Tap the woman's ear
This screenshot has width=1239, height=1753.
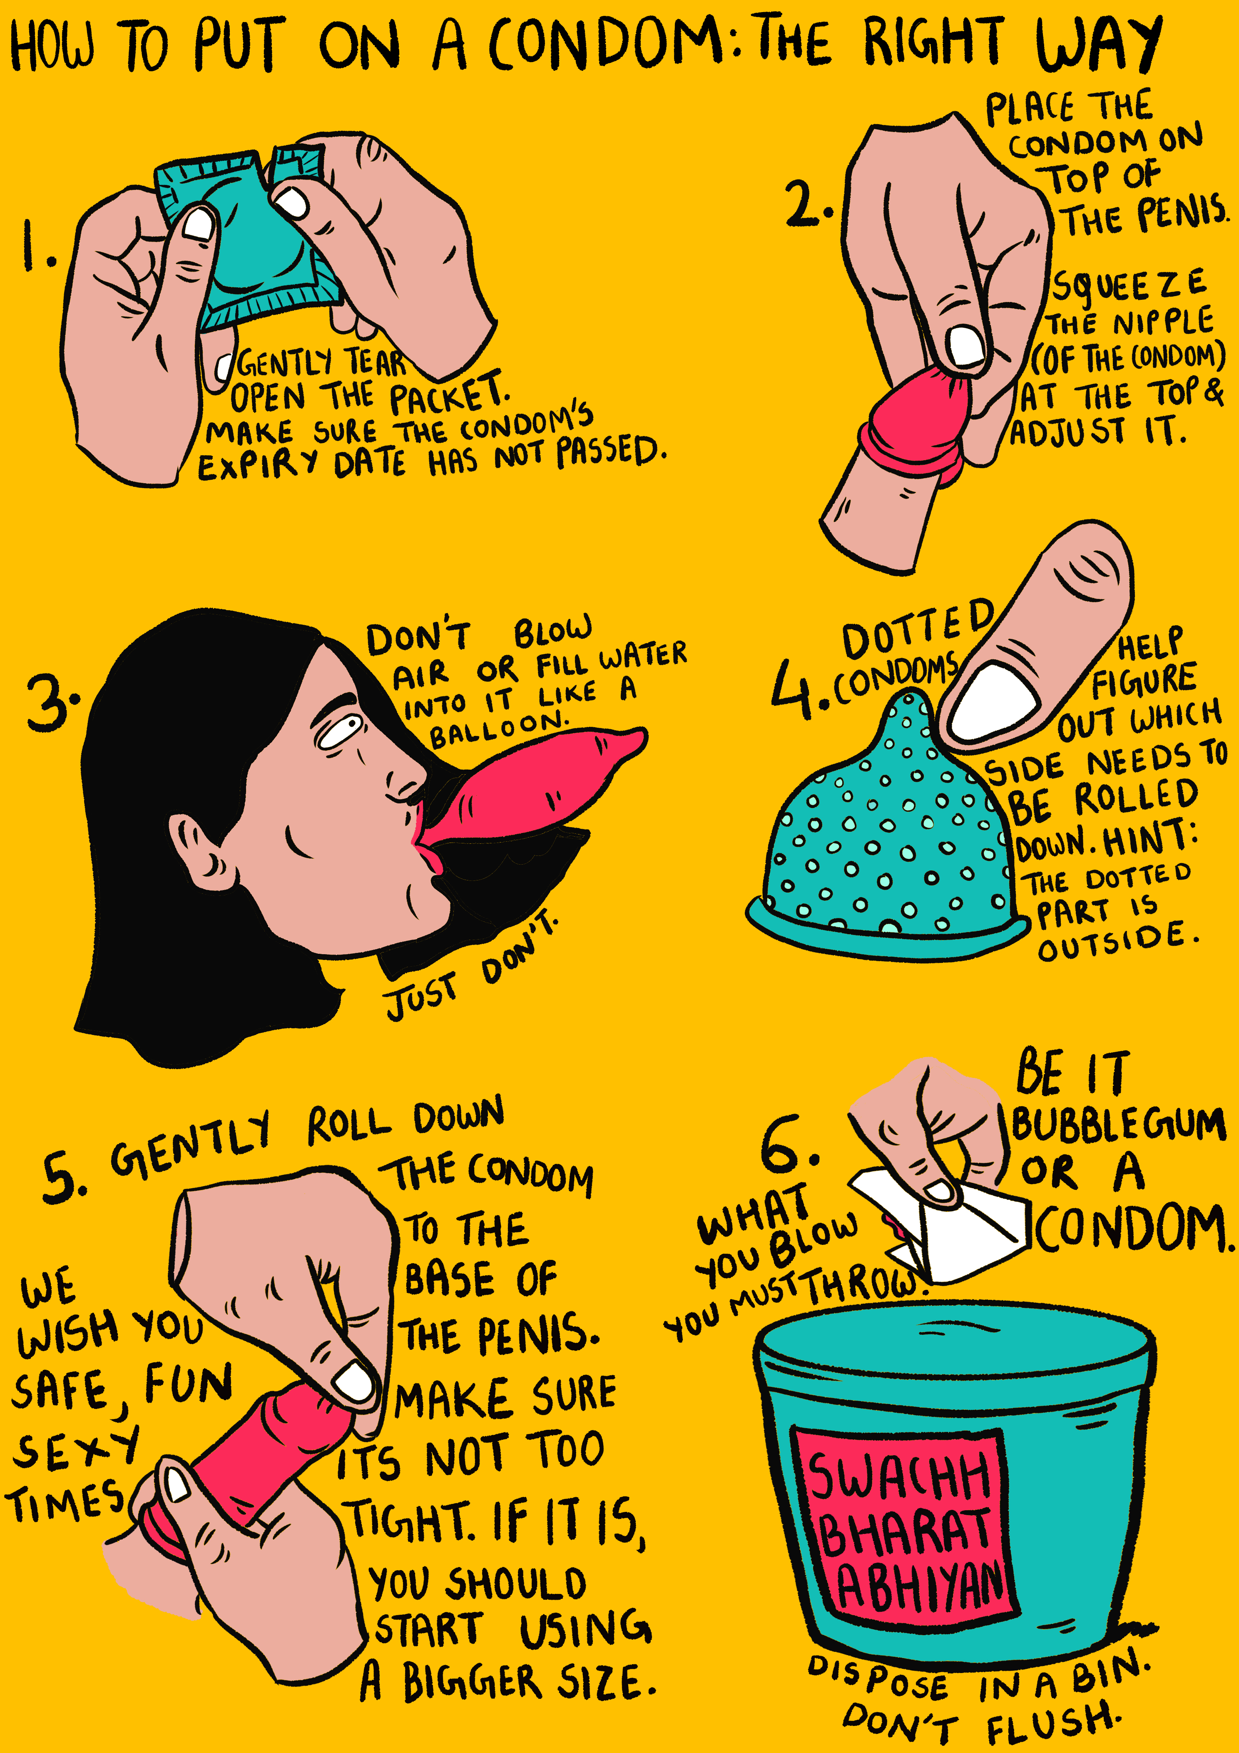(200, 851)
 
